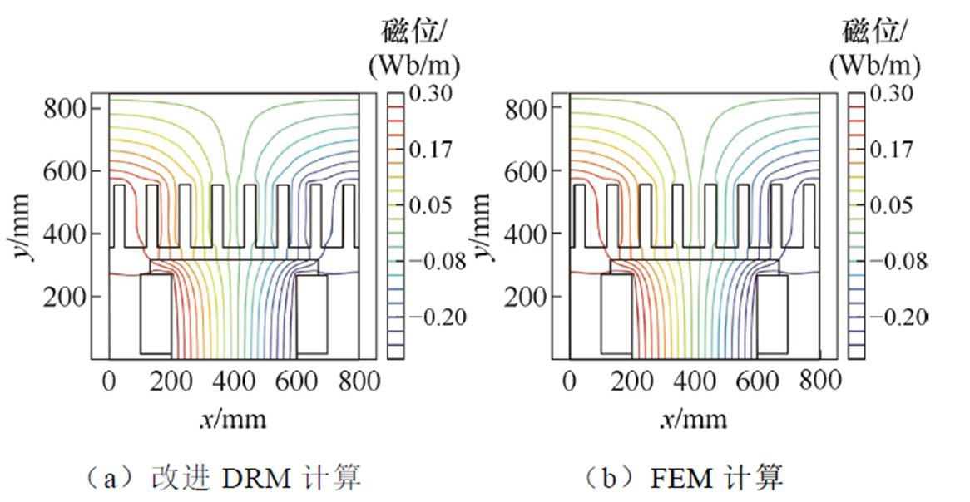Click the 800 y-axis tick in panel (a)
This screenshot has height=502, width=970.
tap(62, 108)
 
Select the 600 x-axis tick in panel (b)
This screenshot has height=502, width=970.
tap(757, 381)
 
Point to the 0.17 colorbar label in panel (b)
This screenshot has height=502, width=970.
tap(890, 150)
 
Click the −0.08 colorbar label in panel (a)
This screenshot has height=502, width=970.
tap(434, 261)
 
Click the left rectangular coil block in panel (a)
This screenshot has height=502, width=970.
tap(156, 313)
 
